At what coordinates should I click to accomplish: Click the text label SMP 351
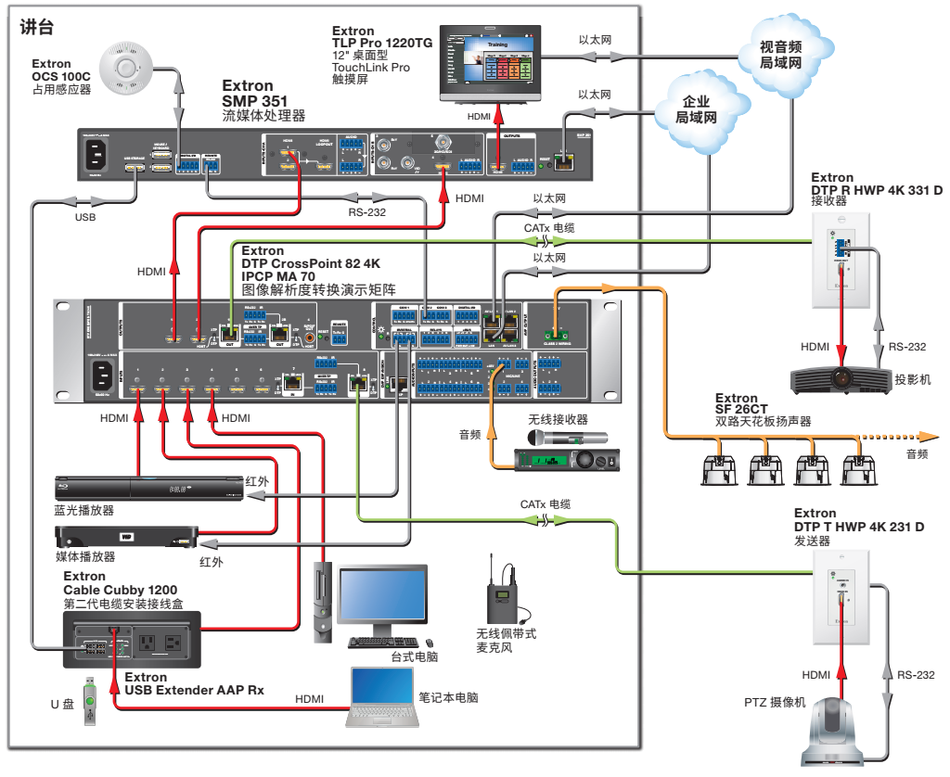[255, 101]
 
